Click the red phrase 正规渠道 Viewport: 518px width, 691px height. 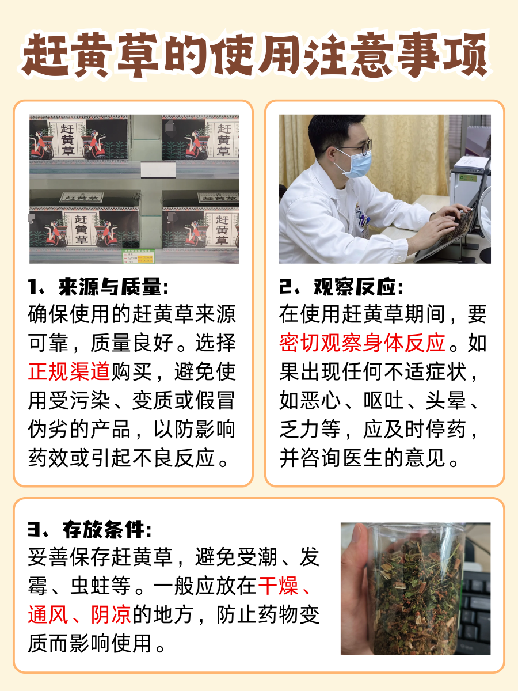coord(69,371)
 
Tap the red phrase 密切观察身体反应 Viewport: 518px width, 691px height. coord(363,343)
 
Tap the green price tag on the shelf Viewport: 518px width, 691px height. coord(138,256)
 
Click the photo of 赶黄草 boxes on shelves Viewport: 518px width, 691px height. coord(134,189)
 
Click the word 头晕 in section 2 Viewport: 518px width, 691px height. coord(447,400)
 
